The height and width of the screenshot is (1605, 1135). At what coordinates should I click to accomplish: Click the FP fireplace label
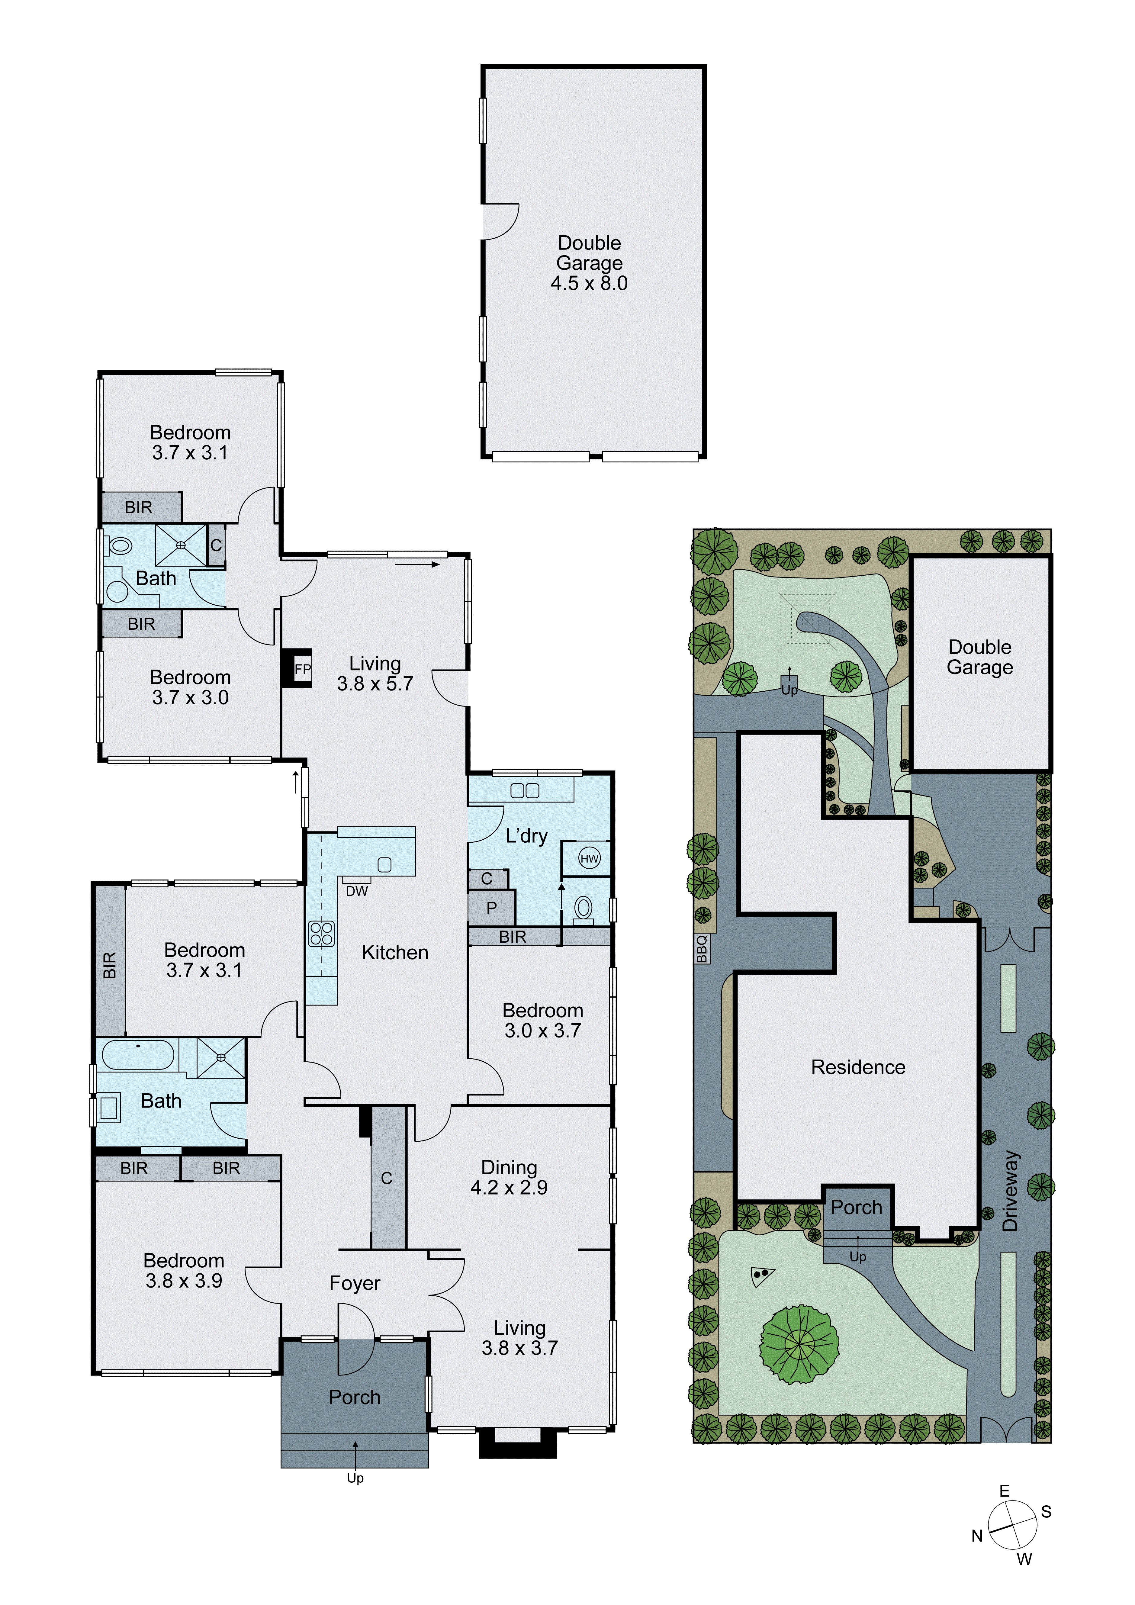(x=302, y=669)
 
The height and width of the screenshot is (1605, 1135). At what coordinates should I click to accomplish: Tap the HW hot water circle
(x=589, y=858)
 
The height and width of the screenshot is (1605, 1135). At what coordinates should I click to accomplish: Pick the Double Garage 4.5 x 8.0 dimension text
(x=589, y=283)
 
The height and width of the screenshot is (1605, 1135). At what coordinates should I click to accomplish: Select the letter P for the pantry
(x=491, y=908)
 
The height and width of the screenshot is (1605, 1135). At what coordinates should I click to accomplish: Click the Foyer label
(x=354, y=1283)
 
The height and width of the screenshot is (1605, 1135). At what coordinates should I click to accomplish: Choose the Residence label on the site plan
(x=857, y=1067)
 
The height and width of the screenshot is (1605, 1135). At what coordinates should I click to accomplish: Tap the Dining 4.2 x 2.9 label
(x=509, y=1177)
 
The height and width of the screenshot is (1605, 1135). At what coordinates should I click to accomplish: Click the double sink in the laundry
(x=525, y=791)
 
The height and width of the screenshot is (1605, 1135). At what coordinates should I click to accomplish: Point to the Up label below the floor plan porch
(x=355, y=1478)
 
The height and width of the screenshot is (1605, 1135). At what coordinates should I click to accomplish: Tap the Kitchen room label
(x=395, y=952)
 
